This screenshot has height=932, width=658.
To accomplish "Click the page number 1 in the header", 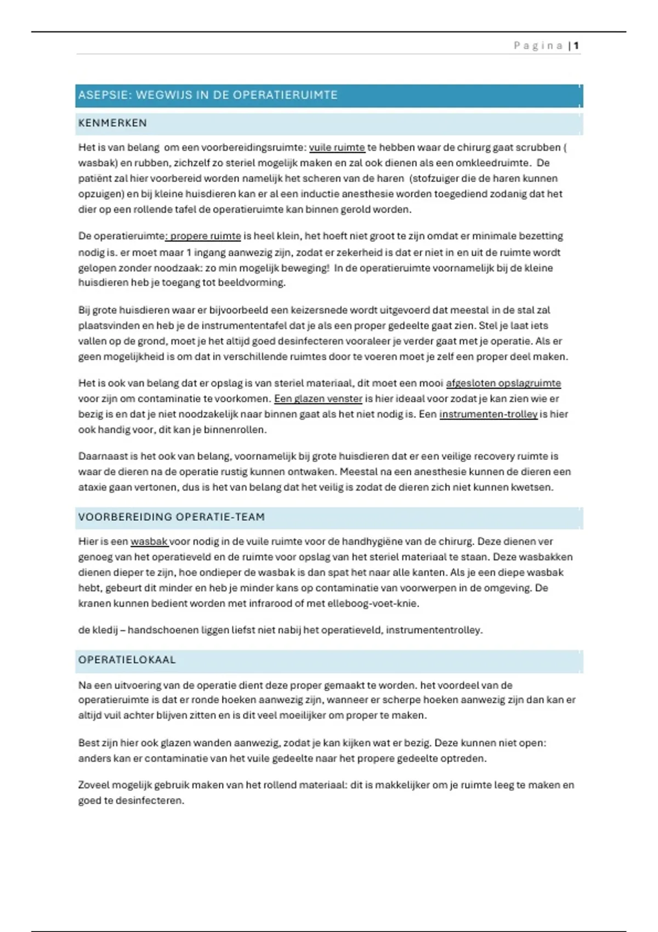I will click(576, 46).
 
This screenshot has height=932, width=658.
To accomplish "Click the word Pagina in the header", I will click(538, 46).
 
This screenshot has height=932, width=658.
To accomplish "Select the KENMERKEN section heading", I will click(112, 123).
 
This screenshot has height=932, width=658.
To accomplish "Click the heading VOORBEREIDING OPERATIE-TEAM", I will click(171, 517).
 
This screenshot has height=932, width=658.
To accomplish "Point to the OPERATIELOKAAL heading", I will click(127, 660).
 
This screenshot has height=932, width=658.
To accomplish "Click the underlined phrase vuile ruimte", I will click(337, 147).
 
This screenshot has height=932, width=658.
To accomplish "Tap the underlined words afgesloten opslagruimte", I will click(503, 383).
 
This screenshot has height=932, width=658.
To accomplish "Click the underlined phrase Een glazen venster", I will click(318, 399).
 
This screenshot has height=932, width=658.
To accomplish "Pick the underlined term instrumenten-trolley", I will click(488, 414).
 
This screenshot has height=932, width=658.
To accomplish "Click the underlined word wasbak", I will click(149, 542).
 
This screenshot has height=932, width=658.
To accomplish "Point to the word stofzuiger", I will click(436, 178).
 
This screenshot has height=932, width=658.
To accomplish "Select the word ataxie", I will click(92, 487).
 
